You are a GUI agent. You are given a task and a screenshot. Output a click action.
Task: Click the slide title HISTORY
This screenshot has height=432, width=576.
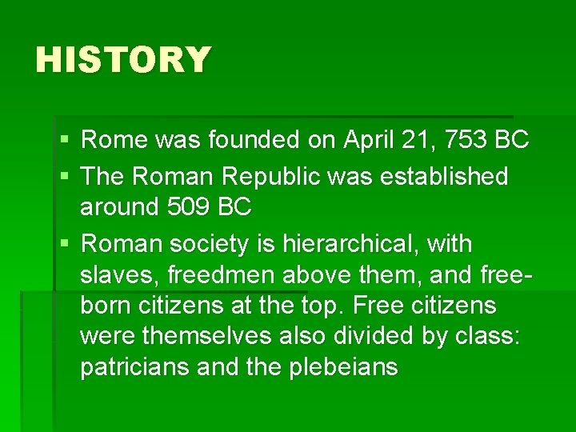point(123,60)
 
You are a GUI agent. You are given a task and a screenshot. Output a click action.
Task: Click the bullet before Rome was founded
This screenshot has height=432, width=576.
point(63,141)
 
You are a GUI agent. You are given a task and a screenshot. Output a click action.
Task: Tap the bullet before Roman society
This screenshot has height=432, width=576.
point(63,244)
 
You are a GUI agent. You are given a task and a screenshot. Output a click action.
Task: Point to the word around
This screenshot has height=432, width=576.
point(119,207)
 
